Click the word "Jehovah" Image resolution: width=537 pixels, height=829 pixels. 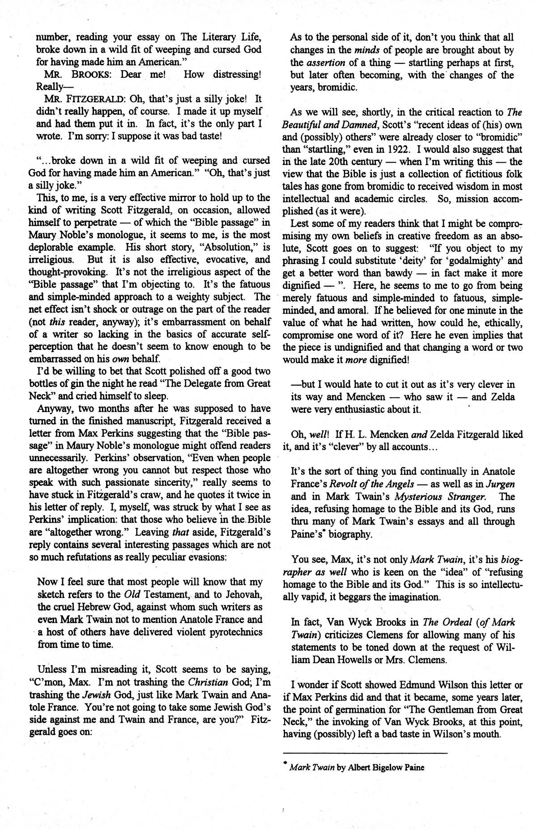coord(242,595)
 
